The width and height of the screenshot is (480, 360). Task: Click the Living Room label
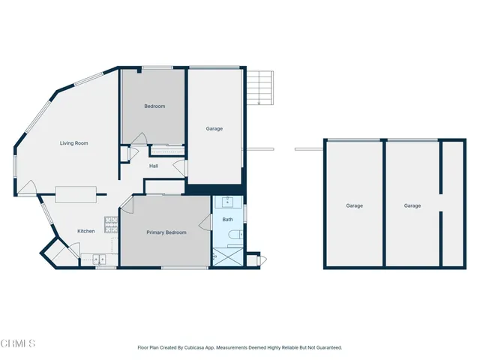pyautogui.click(x=74, y=142)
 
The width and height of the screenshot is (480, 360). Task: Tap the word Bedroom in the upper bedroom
pyautogui.click(x=154, y=106)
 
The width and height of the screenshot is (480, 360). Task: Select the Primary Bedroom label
pyautogui.click(x=166, y=232)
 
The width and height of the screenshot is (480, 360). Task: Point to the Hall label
pyautogui.click(x=154, y=166)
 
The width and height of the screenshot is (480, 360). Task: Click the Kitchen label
pyautogui.click(x=86, y=231)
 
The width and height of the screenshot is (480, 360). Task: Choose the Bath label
pyautogui.click(x=227, y=220)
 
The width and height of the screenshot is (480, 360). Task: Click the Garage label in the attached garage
pyautogui.click(x=214, y=128)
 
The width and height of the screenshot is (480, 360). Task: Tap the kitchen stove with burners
pyautogui.click(x=109, y=223)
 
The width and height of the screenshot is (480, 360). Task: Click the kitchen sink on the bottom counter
pyautogui.click(x=100, y=260)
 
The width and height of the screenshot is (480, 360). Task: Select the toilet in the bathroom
pyautogui.click(x=233, y=237)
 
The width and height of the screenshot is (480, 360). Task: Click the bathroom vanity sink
pyautogui.click(x=226, y=202)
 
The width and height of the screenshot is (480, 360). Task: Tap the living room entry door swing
pyautogui.click(x=28, y=189)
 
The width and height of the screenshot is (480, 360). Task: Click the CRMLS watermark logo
pyautogui.click(x=18, y=343)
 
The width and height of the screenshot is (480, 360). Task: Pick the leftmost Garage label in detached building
pyautogui.click(x=354, y=205)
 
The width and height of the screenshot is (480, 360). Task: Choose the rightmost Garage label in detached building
pyautogui.click(x=412, y=205)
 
